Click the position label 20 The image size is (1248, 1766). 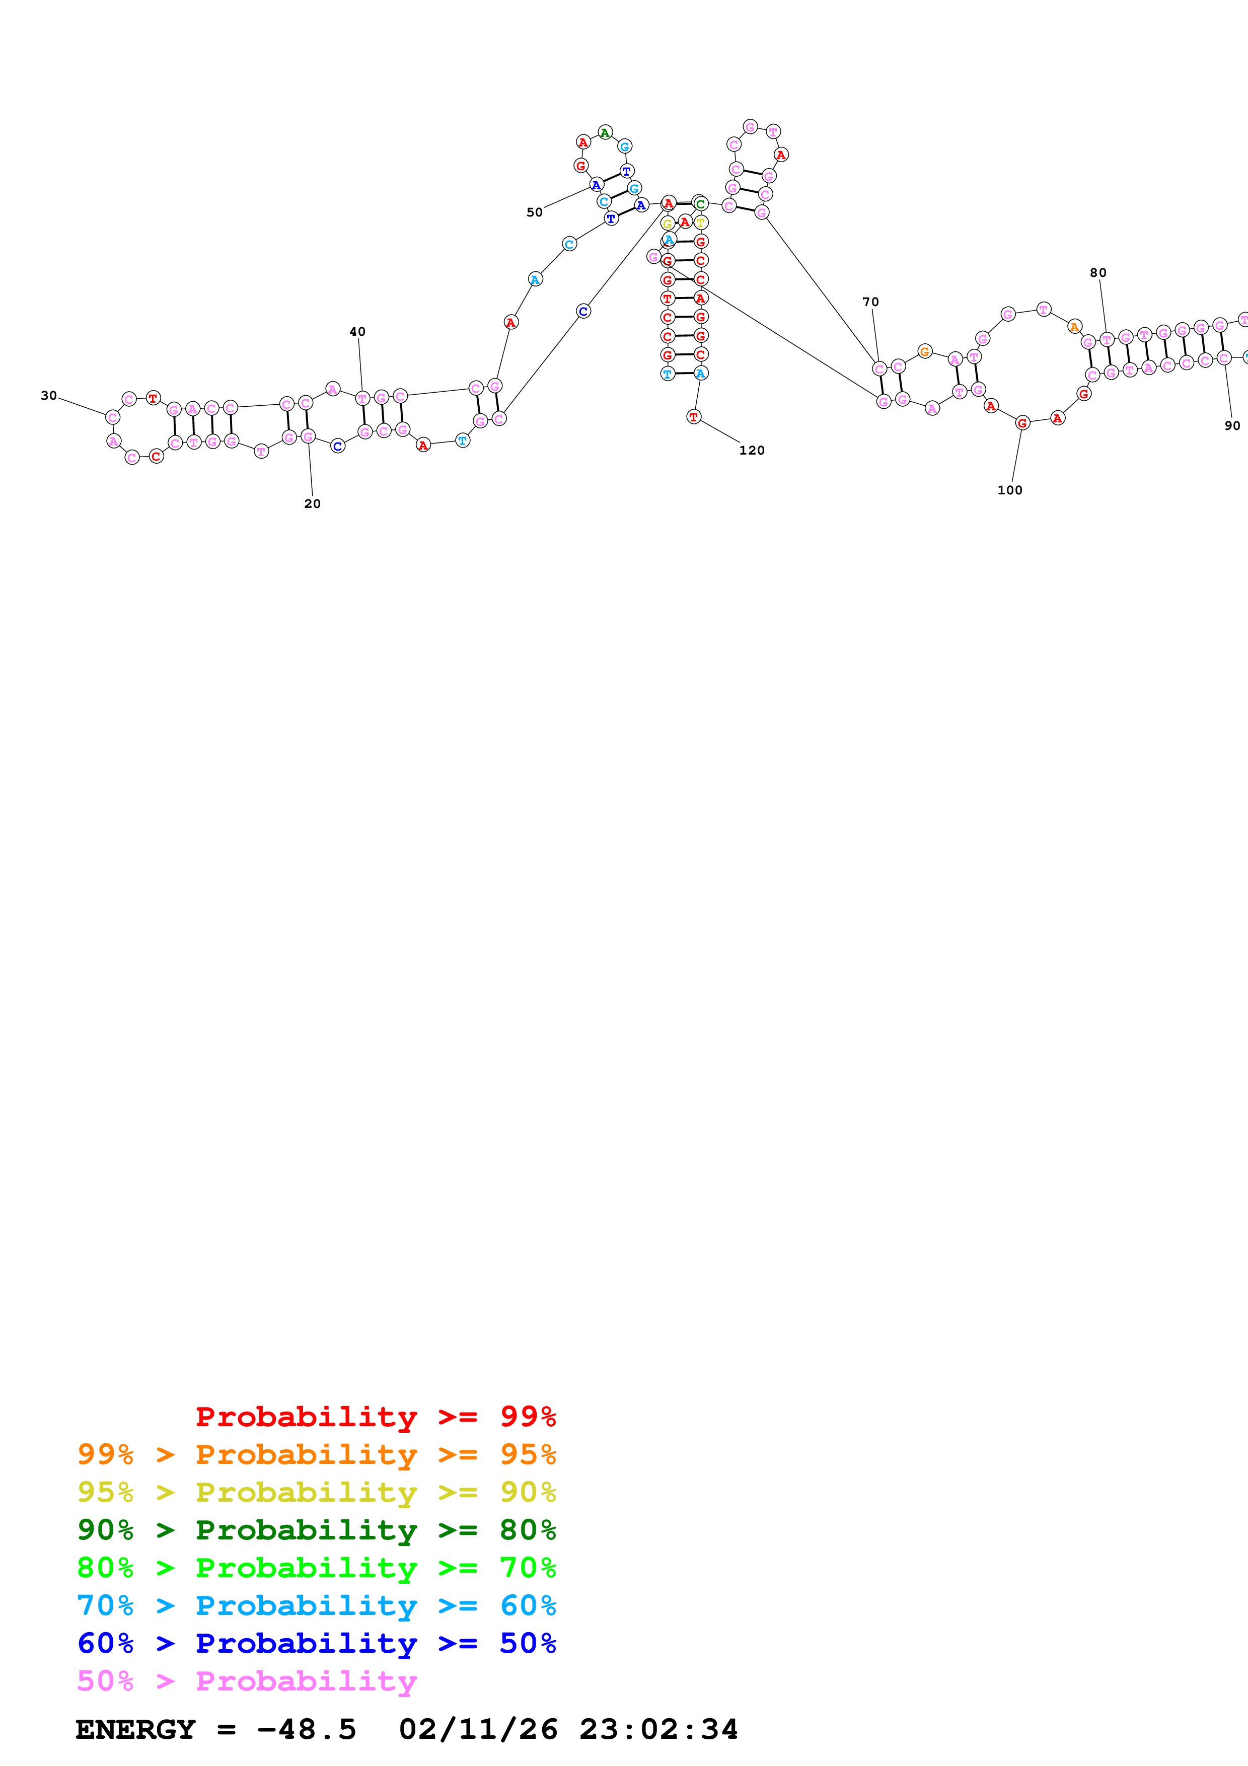point(312,504)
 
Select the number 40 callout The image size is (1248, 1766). point(357,332)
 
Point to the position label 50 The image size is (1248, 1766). point(535,212)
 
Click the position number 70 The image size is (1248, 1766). point(870,302)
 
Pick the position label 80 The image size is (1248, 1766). point(1098,272)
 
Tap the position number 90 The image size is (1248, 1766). point(1232,425)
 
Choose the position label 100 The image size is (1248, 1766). point(1010,490)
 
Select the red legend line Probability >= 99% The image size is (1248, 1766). point(375,1417)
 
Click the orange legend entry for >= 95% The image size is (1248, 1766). point(317,1454)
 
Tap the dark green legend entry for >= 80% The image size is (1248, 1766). point(317,1530)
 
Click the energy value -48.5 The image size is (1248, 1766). point(306,1729)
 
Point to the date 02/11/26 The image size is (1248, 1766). point(478,1729)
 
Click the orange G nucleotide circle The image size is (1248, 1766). point(925,351)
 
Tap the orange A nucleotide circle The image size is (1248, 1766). point(1075,327)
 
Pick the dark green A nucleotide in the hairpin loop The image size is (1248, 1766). point(605,132)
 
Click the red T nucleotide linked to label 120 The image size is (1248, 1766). point(694,417)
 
